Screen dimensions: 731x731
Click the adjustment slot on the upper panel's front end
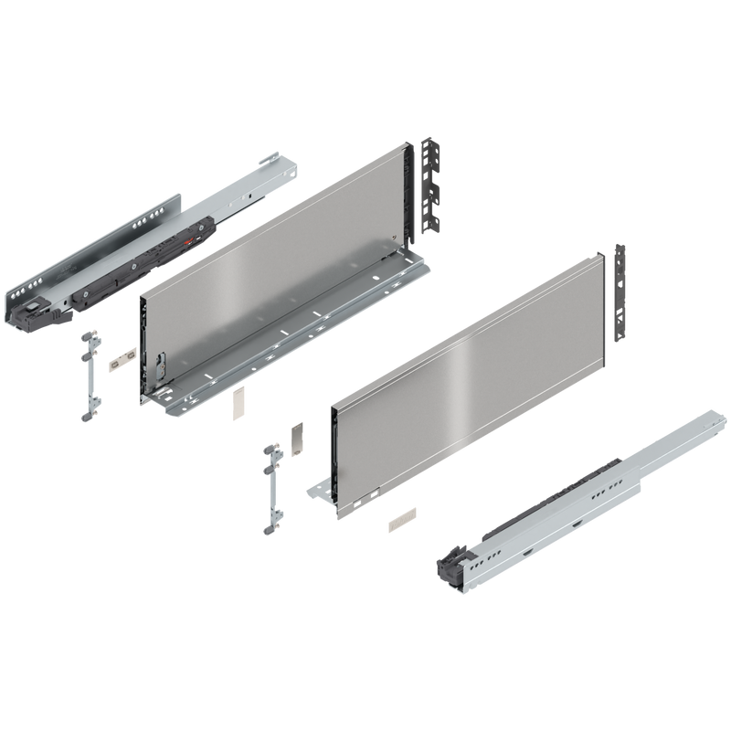[161, 368]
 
